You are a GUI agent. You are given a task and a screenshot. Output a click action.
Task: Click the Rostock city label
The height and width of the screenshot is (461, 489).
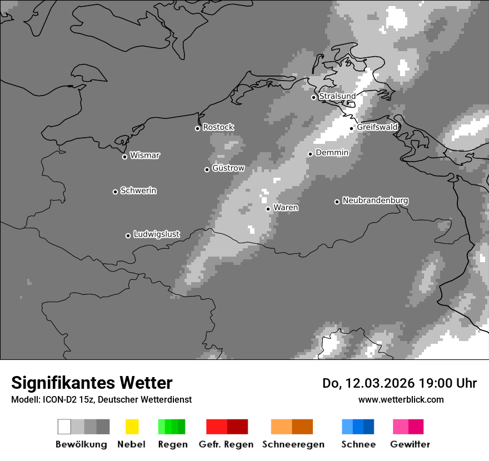click(218, 127)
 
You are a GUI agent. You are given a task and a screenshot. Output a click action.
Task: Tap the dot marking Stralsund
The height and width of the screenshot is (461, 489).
click(313, 97)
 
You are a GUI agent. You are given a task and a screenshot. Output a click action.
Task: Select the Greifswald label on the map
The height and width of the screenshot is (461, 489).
click(377, 127)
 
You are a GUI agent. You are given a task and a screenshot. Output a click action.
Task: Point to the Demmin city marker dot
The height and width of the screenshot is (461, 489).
click(310, 154)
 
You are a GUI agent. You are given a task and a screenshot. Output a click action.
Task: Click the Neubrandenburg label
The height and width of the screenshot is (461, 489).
click(375, 201)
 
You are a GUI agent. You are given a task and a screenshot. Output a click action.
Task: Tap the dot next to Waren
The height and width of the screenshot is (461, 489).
click(268, 209)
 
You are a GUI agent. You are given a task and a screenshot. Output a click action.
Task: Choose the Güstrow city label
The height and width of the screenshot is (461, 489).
click(228, 168)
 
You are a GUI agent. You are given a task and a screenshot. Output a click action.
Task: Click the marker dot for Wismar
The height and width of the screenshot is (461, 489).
click(124, 157)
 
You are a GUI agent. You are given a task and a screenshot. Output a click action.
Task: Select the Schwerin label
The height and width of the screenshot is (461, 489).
click(138, 191)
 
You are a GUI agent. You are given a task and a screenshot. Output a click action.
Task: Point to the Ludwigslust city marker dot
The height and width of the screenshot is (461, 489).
click(128, 235)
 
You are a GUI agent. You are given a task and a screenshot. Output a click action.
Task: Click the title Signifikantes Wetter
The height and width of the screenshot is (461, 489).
click(92, 383)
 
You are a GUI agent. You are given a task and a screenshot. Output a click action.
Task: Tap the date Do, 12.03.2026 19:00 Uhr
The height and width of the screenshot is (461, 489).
click(399, 383)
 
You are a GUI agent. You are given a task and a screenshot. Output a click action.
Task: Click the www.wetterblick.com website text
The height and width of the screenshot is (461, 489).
click(401, 399)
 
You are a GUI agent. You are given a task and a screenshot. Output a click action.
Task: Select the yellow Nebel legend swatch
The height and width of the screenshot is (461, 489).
click(132, 427)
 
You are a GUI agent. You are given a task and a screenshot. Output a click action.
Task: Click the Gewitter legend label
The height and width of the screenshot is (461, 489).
click(410, 444)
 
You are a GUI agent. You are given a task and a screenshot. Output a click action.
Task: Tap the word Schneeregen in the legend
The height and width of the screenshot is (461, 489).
click(293, 444)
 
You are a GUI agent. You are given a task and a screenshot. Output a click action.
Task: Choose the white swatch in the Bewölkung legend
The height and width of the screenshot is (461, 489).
click(64, 427)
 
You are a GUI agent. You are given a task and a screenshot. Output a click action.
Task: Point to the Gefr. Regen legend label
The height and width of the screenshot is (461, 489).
click(226, 444)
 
